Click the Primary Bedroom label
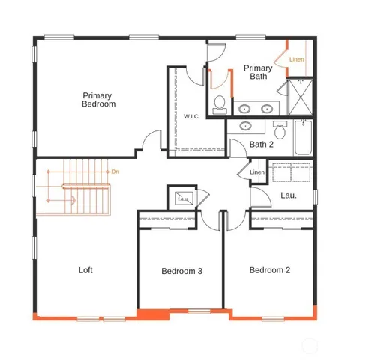pyautogui.click(x=98, y=100)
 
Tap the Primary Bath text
pyautogui.click(x=258, y=72)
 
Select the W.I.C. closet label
pyautogui.click(x=191, y=116)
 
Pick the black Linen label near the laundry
pyautogui.click(x=257, y=172)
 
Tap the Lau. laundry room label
pyautogui.click(x=289, y=195)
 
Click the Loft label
pyautogui.click(x=86, y=269)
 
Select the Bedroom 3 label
pyautogui.click(x=182, y=271)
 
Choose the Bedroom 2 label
pyautogui.click(x=269, y=270)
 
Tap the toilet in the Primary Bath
pyautogui.click(x=219, y=104)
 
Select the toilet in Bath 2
pyautogui.click(x=280, y=131)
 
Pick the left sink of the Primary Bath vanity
pyautogui.click(x=245, y=109)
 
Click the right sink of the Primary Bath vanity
pyautogui.click(x=267, y=109)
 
